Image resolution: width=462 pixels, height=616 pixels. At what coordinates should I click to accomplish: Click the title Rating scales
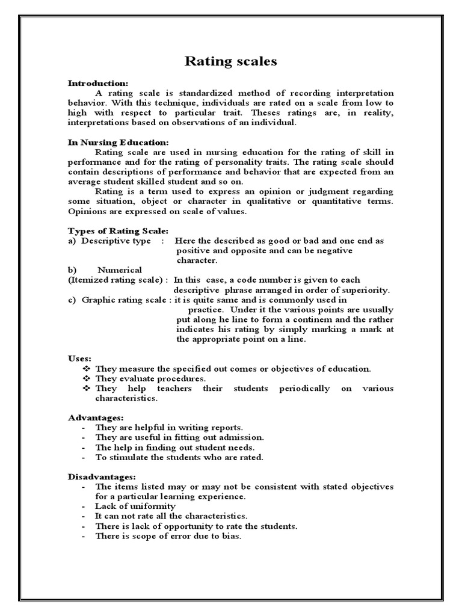click(x=230, y=61)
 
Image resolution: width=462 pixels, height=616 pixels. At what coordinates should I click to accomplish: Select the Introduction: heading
click(x=97, y=83)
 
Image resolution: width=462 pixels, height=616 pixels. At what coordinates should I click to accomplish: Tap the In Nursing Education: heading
click(x=118, y=143)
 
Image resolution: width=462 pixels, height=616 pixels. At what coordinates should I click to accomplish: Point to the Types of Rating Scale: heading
click(x=118, y=231)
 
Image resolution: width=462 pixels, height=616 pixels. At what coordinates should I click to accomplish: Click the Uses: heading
click(x=79, y=359)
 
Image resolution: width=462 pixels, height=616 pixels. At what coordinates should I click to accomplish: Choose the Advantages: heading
click(x=96, y=417)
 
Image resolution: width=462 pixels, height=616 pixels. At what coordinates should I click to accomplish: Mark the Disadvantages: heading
click(x=102, y=476)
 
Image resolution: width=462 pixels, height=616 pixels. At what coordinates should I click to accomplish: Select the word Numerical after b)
click(x=120, y=270)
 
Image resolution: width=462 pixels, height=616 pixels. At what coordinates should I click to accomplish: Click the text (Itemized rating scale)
click(x=117, y=280)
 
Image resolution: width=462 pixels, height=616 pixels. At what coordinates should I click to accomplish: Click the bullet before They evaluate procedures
click(x=87, y=378)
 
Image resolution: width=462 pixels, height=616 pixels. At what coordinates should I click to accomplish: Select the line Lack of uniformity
click(x=135, y=507)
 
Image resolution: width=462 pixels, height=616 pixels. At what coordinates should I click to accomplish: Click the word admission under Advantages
click(x=241, y=437)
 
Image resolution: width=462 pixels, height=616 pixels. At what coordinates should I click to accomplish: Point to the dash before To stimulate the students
click(x=82, y=457)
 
